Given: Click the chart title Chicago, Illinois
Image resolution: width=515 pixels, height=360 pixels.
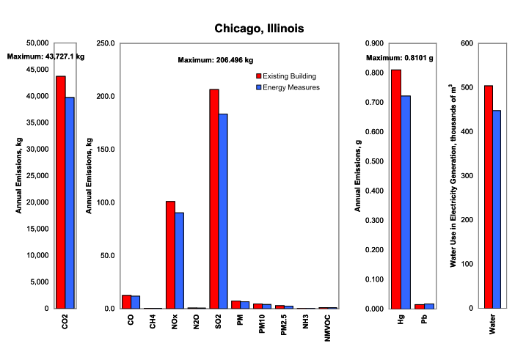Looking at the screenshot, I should [x=258, y=28].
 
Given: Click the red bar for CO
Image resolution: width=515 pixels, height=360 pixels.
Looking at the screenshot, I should [x=126, y=301].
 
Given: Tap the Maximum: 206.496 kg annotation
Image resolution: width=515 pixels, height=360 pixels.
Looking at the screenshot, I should [x=216, y=60].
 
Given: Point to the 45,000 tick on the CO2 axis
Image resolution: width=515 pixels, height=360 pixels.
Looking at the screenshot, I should [x=36, y=70].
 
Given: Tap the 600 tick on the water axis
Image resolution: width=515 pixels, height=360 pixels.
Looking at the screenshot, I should [x=464, y=43].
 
